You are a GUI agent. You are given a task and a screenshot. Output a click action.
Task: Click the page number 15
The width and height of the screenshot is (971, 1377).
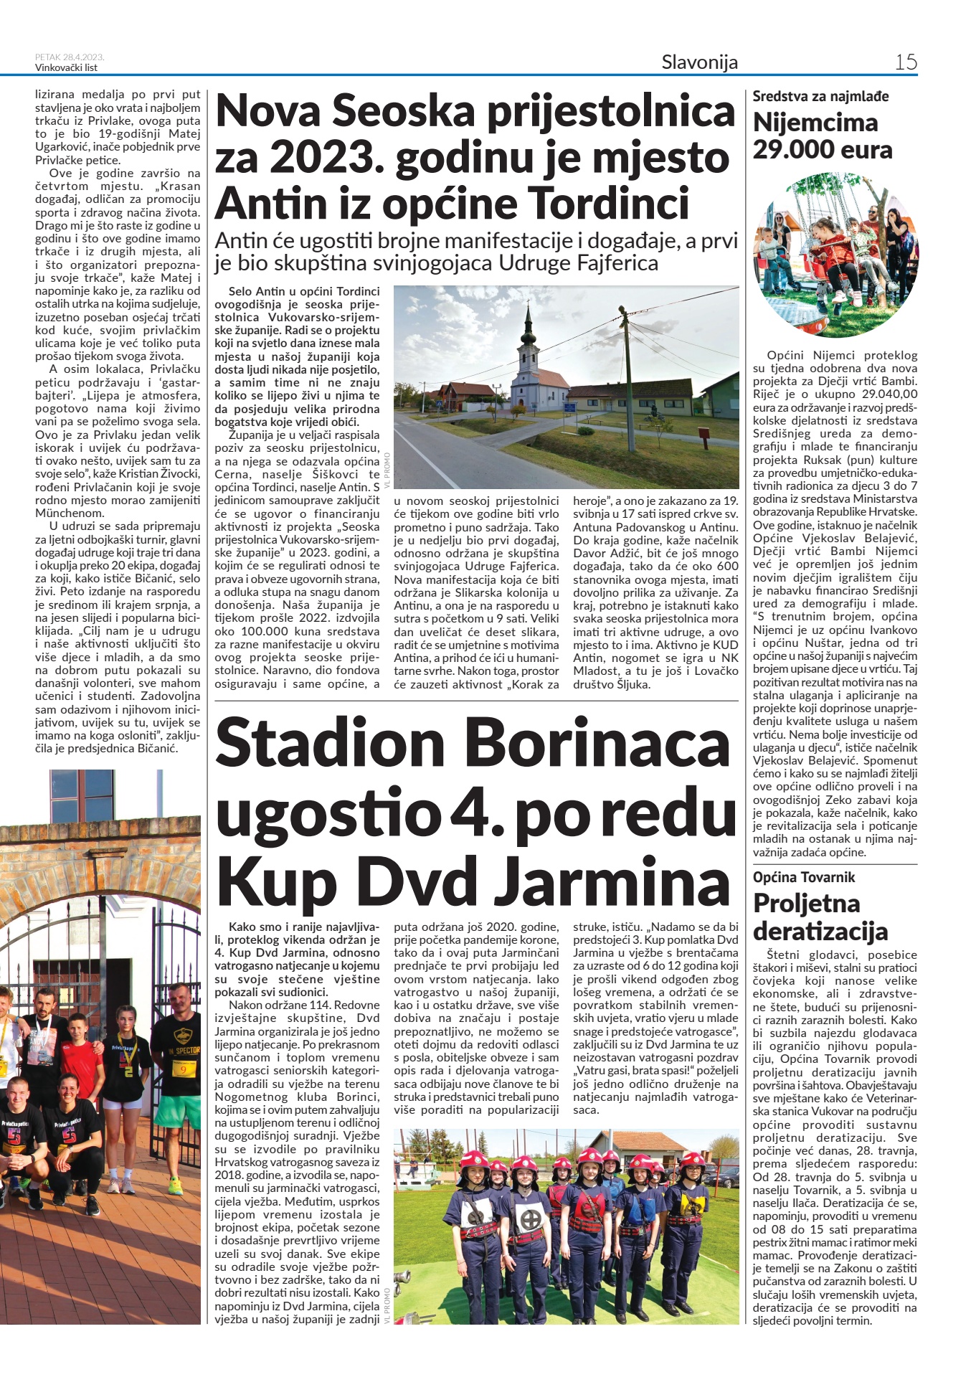906,62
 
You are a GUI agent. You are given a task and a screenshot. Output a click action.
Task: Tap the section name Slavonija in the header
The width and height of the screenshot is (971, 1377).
699,62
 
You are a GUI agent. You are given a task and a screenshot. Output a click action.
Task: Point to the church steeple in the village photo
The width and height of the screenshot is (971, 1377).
529,326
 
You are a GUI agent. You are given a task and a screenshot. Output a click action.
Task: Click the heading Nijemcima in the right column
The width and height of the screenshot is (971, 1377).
815,123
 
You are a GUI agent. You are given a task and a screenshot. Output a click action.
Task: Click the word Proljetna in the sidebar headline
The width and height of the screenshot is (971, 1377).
806,903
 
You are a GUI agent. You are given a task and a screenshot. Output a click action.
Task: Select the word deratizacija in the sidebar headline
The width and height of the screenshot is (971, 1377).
820,931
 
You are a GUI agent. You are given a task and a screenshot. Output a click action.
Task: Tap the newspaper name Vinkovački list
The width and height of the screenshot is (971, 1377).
66,68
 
